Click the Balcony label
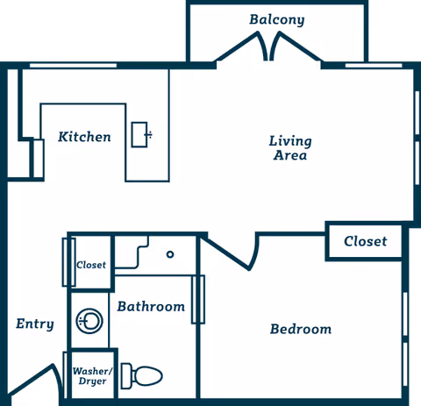(x=276, y=19)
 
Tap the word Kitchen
(x=84, y=137)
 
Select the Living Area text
(x=289, y=148)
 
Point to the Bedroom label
(x=301, y=329)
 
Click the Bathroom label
(x=151, y=306)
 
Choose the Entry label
(x=35, y=324)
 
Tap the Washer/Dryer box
(x=89, y=376)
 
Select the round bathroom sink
(x=88, y=321)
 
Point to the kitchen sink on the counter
(x=140, y=134)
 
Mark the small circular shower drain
(x=170, y=254)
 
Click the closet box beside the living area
(x=365, y=241)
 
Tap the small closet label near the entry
(x=91, y=264)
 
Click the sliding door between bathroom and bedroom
(x=198, y=299)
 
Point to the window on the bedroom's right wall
(x=406, y=319)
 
